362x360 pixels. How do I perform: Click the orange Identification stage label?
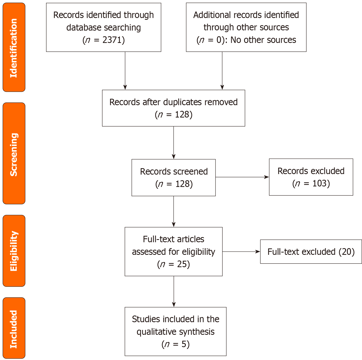[14, 48]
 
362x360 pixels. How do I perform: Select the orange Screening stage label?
[14, 154]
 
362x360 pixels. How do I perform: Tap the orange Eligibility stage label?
[14, 251]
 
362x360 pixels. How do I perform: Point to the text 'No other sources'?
[263, 40]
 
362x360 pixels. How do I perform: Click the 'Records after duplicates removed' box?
[173, 108]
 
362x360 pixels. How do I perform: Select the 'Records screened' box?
[173, 177]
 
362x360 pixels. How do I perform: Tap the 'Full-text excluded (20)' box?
[311, 252]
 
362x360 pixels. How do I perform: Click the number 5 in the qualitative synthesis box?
[184, 344]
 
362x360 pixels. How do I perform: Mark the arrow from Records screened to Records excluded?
[242, 177]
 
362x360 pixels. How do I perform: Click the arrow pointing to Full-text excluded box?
[241, 251]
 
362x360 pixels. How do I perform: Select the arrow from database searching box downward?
[125, 71]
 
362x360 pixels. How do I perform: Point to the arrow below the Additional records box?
[222, 71]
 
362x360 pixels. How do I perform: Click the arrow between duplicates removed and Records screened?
[174, 143]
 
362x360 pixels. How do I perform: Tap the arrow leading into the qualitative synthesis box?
[174, 292]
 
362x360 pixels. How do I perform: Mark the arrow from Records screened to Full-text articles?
[174, 211]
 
